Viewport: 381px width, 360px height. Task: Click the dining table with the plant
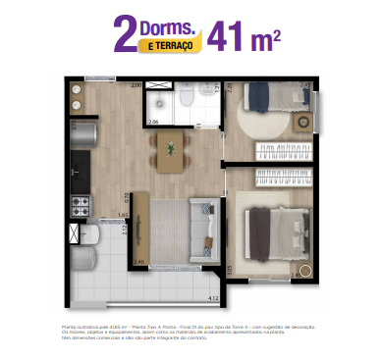pyautogui.click(x=172, y=151)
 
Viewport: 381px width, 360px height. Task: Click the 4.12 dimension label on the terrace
pyautogui.click(x=210, y=295)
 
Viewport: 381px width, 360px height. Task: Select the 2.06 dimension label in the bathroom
pyautogui.click(x=153, y=122)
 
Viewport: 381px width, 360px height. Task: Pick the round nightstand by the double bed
pyautogui.click(x=305, y=270)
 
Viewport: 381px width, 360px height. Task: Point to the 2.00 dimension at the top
pyautogui.click(x=137, y=85)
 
